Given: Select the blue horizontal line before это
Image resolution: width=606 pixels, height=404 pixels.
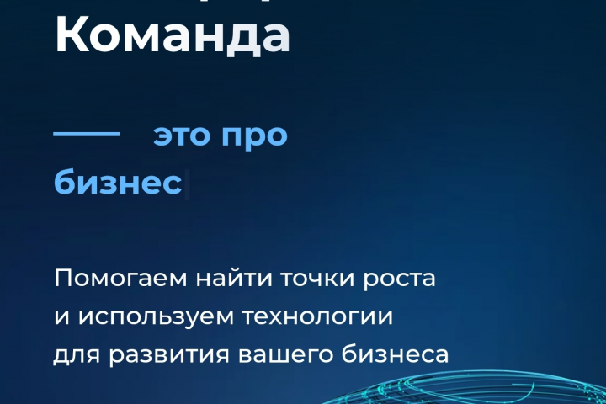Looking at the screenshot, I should [x=87, y=133].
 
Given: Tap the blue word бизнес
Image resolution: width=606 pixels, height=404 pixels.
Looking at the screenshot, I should [x=118, y=183].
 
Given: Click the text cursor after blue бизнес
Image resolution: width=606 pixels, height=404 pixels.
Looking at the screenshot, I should [x=188, y=183].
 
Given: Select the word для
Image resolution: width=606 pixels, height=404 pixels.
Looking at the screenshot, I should [x=75, y=356].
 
